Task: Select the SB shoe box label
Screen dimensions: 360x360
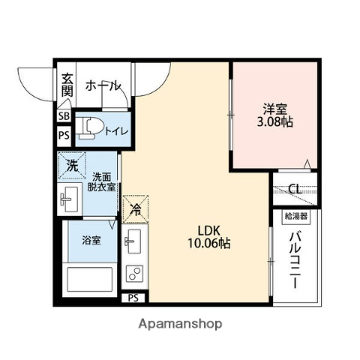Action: pos(64,116)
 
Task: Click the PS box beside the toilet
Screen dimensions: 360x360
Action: pos(64,136)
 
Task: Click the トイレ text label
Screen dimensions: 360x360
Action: pos(116,131)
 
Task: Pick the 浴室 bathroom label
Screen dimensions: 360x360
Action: pos(91,241)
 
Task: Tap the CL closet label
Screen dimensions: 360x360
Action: pos(295,189)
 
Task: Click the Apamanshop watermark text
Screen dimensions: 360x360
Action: pos(179,324)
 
